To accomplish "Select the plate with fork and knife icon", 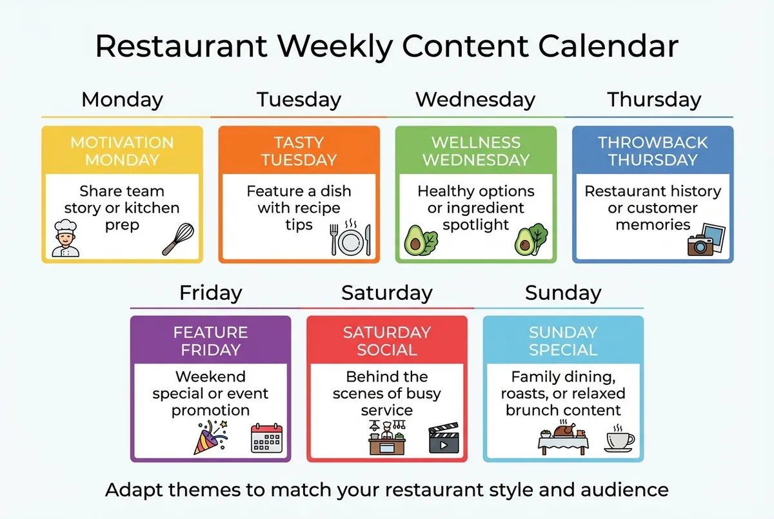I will click(350, 239).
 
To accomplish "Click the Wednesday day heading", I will click(475, 100).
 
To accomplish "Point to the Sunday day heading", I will click(563, 293).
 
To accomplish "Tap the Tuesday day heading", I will click(299, 100).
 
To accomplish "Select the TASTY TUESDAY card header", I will click(299, 151).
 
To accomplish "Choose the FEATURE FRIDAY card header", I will click(211, 341).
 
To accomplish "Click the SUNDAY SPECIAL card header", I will click(563, 341).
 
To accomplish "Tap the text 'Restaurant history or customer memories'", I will click(653, 208).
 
